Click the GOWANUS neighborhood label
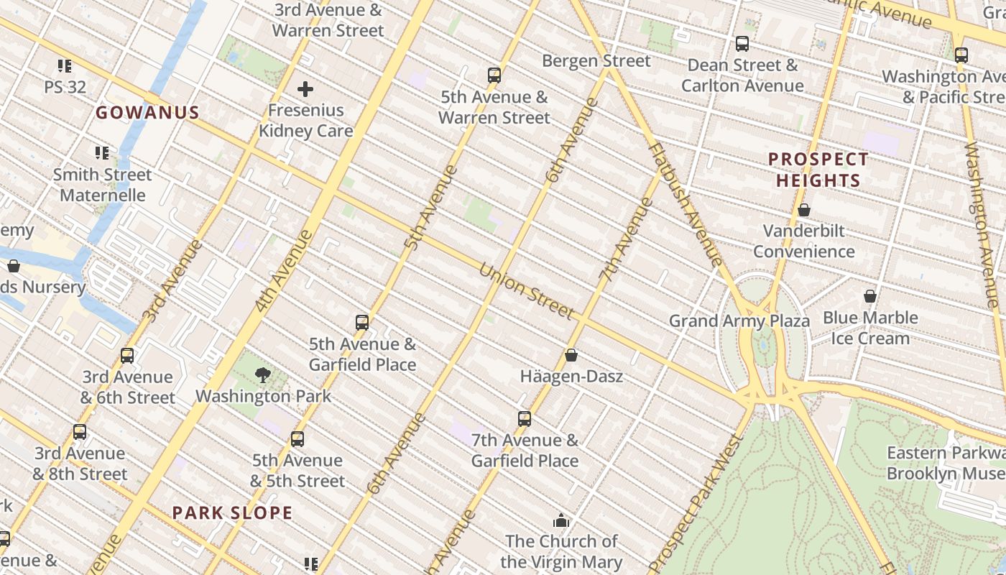click(147, 113)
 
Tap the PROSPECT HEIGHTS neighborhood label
click(818, 170)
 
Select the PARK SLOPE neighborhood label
click(232, 513)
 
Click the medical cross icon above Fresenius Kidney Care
click(305, 89)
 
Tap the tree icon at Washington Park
click(263, 374)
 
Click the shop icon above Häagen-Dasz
click(571, 355)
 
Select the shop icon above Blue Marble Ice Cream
click(870, 296)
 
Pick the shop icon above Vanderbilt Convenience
click(804, 210)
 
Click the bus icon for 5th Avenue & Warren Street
click(494, 75)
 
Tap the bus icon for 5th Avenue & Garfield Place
click(362, 323)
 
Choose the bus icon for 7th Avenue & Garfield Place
click(525, 419)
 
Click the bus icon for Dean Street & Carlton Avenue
click(742, 44)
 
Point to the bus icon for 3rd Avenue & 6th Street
click(127, 356)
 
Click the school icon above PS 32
click(65, 66)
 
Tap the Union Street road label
click(526, 292)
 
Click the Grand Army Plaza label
click(739, 321)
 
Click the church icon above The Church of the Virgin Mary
click(561, 520)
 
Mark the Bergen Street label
click(596, 61)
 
